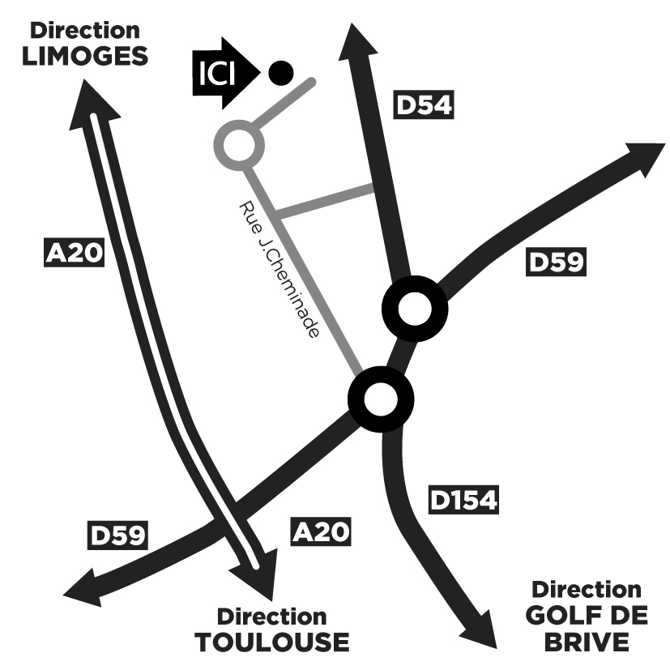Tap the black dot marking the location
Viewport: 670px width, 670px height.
tap(280, 73)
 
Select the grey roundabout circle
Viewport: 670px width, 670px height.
tap(239, 145)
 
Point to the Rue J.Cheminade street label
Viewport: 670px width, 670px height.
tap(280, 267)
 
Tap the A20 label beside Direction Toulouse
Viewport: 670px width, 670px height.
tap(321, 531)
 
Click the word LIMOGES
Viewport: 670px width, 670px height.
tap(85, 56)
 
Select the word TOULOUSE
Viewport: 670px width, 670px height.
tap(272, 642)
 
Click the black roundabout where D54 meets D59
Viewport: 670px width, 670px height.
tap(414, 309)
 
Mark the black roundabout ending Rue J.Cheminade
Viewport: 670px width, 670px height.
tap(380, 398)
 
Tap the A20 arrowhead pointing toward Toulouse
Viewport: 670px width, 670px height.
tap(256, 577)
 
